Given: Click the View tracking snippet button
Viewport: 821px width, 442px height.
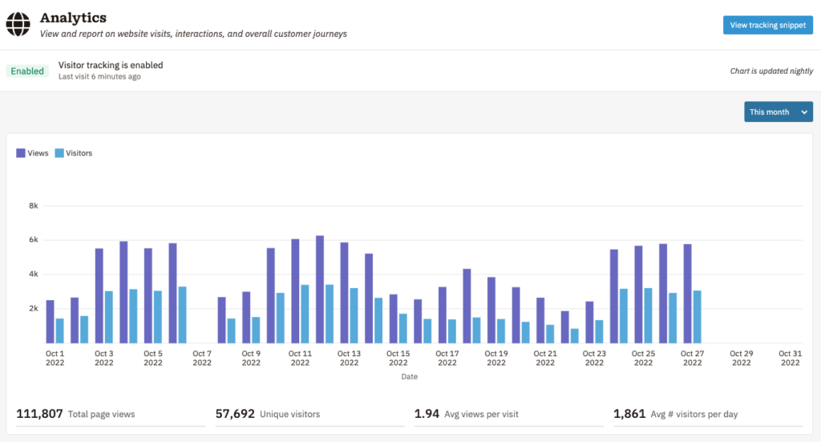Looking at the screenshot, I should click(767, 25).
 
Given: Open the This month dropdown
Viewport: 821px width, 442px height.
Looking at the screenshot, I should click(778, 112).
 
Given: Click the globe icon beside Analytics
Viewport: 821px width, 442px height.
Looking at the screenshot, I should click(18, 25).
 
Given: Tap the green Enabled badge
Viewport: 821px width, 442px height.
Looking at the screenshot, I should click(27, 71).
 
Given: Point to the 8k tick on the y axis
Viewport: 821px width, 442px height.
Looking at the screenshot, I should click(34, 205).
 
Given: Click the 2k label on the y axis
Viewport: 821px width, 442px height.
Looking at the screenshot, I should click(34, 308).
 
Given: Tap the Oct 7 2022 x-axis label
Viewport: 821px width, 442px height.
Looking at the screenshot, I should click(202, 358).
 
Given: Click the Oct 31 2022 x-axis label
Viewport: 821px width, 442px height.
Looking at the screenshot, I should click(790, 358).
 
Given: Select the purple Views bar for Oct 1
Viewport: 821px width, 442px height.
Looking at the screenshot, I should click(50, 322).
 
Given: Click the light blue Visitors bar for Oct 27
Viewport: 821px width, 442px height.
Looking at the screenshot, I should click(698, 317).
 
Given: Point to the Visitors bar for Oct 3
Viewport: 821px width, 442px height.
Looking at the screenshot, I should click(108, 317).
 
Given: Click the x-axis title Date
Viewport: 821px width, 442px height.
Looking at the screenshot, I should click(410, 376).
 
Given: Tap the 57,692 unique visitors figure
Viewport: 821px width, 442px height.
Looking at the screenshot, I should click(235, 414).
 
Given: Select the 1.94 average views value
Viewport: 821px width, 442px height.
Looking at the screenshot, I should click(426, 414).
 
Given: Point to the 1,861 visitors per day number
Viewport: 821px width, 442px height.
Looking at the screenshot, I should click(629, 414).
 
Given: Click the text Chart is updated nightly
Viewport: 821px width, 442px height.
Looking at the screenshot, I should click(771, 71).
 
